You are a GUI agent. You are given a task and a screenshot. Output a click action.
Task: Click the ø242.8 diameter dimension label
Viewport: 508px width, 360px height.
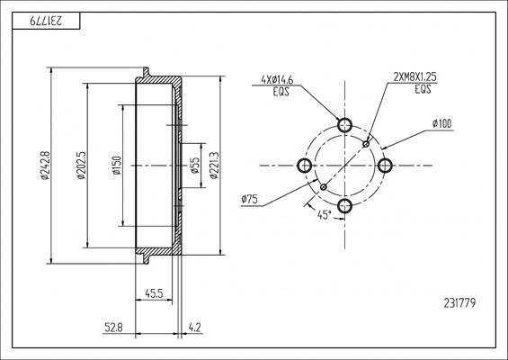[x=45, y=166]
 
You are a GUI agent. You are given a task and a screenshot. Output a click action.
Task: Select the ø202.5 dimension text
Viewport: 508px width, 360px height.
[x=81, y=166]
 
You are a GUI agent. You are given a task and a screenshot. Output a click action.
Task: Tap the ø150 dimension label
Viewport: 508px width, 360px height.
[x=117, y=166]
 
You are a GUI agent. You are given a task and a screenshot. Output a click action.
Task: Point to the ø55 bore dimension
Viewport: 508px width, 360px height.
[x=195, y=166]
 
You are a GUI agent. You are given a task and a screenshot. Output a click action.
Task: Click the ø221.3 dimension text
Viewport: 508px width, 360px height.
[x=215, y=166]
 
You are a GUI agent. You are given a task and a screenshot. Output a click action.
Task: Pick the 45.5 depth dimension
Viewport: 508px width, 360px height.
[x=154, y=293]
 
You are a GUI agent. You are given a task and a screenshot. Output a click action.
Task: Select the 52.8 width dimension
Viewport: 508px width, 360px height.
[x=113, y=328]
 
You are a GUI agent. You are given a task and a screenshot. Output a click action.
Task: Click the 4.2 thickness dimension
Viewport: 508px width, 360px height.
[x=195, y=328]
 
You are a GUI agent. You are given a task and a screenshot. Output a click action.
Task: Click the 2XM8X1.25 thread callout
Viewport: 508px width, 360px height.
[x=415, y=77]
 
